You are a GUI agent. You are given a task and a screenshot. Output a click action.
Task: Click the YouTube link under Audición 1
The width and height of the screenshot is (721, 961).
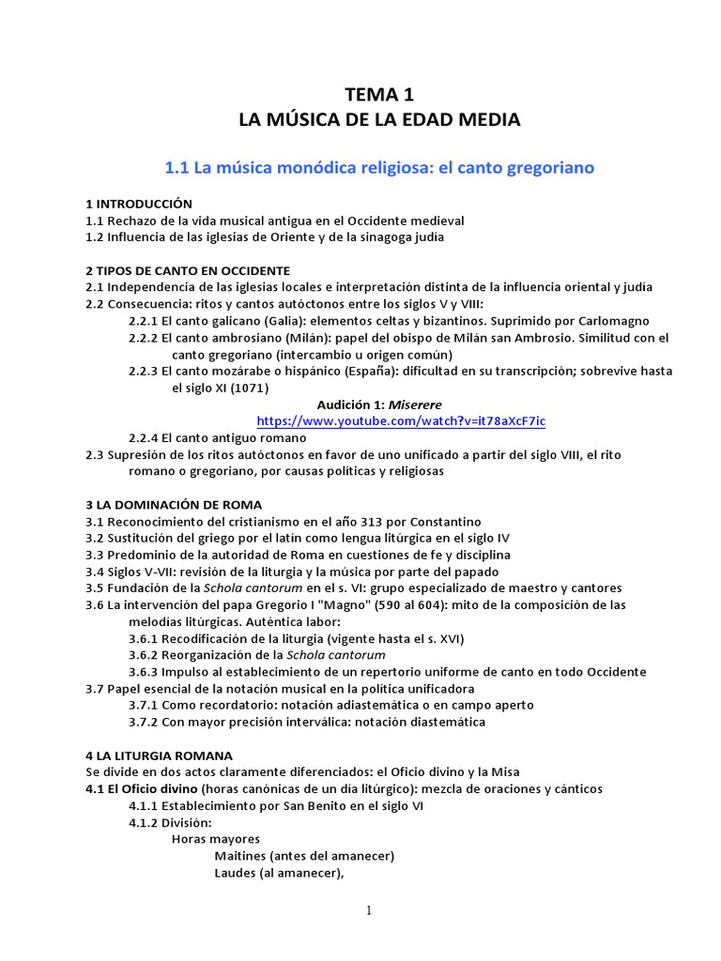pos(400,421)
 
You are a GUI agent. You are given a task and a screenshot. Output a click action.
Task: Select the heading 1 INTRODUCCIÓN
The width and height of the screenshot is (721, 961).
pos(139,204)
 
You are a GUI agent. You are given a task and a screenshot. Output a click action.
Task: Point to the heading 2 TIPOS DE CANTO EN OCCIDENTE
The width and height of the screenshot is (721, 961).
pos(188,270)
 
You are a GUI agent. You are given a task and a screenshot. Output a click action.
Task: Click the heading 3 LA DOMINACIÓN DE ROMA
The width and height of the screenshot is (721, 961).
pos(174,505)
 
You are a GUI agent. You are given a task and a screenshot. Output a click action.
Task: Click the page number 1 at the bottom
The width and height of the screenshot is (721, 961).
pos(369,910)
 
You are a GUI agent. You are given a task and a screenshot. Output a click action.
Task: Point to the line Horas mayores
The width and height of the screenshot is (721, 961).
pos(215,839)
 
